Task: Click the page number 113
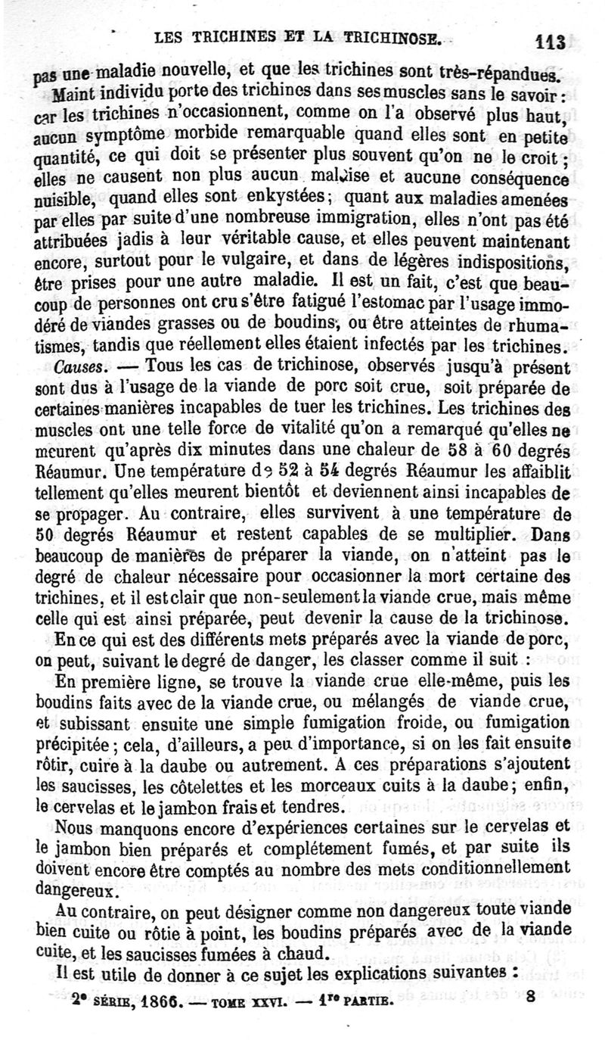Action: click(x=554, y=40)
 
